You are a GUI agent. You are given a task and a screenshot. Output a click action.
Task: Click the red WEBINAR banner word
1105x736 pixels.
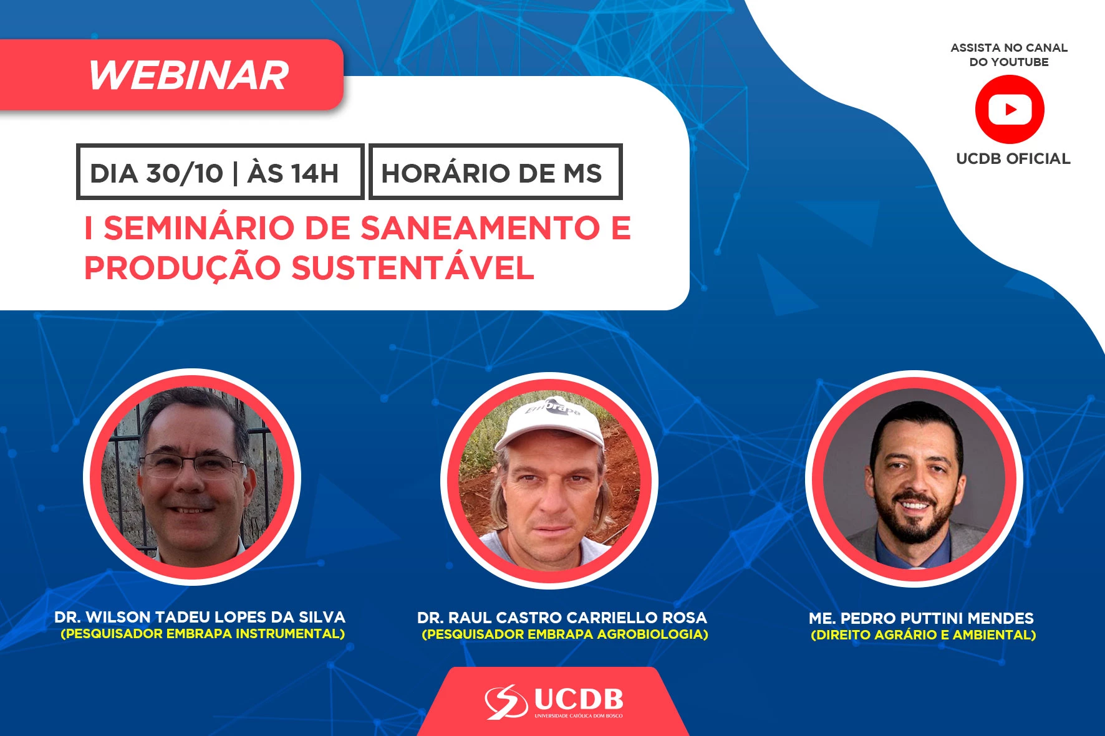(189, 75)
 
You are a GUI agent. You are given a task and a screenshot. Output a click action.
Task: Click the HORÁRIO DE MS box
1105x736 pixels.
(496, 172)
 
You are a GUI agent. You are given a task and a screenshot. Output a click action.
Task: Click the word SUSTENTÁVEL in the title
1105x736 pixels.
(413, 268)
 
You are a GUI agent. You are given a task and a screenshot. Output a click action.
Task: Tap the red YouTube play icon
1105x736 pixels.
(1010, 110)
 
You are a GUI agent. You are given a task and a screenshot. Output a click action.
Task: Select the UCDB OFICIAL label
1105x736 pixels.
(1013, 159)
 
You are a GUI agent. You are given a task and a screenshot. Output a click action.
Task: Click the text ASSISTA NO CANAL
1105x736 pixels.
(1009, 47)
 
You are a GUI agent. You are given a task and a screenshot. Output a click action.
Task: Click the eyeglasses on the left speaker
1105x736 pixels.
(191, 464)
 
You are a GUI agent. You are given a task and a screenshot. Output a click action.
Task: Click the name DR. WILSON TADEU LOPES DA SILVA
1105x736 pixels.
(200, 617)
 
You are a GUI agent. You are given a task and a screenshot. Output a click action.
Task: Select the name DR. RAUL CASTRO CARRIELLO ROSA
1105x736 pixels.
(562, 618)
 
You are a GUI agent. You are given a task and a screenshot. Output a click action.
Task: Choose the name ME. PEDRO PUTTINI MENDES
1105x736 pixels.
(921, 618)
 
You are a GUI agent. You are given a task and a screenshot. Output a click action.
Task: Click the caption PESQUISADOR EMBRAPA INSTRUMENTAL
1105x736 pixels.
(203, 634)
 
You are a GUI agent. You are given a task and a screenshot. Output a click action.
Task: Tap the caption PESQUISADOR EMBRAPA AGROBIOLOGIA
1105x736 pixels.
(565, 634)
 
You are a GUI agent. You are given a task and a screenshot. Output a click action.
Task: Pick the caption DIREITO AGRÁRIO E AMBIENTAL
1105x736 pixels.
(924, 635)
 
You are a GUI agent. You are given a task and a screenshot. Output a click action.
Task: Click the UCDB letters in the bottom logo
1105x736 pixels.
(579, 699)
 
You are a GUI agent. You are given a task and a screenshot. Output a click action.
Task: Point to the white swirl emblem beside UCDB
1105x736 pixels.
(506, 702)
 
